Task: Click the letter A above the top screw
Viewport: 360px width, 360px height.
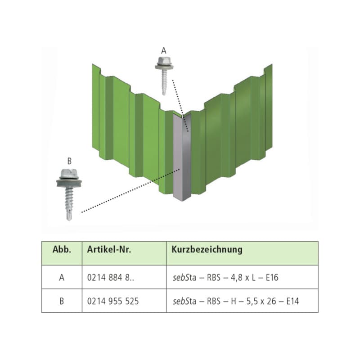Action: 164,50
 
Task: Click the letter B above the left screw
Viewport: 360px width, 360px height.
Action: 69,161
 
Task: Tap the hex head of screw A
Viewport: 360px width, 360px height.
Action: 164,61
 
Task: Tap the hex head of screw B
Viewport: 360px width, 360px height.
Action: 69,173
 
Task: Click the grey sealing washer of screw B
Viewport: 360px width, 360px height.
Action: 69,183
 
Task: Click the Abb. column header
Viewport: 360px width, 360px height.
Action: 62,250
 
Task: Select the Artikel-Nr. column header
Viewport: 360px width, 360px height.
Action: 109,250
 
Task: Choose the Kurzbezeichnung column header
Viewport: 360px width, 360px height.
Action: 207,250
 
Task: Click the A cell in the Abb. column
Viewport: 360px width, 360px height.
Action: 62,278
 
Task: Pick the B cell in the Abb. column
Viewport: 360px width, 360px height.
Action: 62,301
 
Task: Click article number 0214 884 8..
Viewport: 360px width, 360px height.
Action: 110,278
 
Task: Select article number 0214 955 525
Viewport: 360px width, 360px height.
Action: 113,301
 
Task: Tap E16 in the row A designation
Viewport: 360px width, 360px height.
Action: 272,278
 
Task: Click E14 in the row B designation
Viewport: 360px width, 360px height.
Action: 292,301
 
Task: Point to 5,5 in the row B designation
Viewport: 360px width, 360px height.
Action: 252,301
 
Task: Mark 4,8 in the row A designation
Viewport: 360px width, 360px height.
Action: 236,278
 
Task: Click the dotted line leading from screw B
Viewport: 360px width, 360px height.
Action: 130,191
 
